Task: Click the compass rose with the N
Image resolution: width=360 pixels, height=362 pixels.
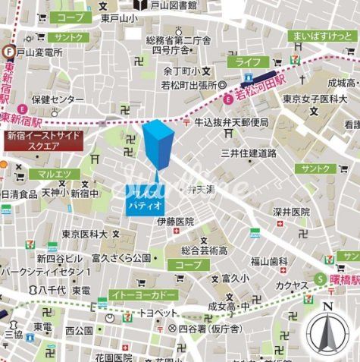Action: click(x=327, y=332)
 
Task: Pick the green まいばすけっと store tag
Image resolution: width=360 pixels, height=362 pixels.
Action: click(x=321, y=36)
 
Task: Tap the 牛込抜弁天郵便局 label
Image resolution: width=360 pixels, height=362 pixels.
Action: click(x=232, y=122)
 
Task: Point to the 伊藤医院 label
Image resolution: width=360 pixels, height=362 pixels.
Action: click(x=175, y=222)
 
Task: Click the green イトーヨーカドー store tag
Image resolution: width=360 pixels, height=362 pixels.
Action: click(x=142, y=294)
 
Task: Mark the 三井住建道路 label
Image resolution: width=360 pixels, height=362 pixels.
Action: click(x=249, y=153)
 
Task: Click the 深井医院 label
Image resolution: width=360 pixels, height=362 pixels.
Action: click(x=292, y=212)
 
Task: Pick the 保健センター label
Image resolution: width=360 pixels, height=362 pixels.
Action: click(x=58, y=99)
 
